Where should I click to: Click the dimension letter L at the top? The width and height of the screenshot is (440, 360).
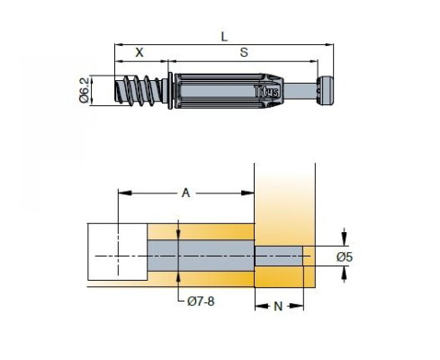point(224,37)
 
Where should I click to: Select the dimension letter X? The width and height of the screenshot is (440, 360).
point(139,52)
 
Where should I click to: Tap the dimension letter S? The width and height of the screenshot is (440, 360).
point(244,52)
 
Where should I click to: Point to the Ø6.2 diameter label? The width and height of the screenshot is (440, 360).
point(85,90)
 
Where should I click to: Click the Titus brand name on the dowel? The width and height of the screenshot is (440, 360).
point(266,91)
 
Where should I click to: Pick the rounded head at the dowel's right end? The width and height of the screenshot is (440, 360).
point(325,91)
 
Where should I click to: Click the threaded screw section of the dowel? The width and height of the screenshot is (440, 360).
point(139,89)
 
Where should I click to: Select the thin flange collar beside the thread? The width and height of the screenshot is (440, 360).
point(170,91)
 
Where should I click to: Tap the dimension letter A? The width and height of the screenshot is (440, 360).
point(186,193)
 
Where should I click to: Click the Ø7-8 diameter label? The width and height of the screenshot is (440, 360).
point(201,301)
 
